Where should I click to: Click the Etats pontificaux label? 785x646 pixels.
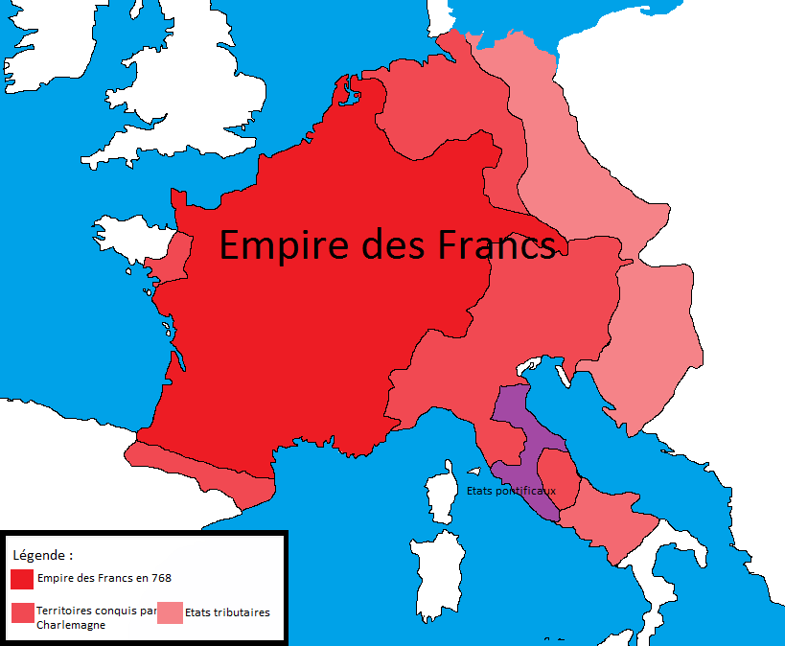pyautogui.click(x=511, y=490)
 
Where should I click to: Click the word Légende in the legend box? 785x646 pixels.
pyautogui.click(x=41, y=555)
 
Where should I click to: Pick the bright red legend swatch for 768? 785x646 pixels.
pyautogui.click(x=22, y=579)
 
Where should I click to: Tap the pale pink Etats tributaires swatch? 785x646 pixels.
pyautogui.click(x=170, y=613)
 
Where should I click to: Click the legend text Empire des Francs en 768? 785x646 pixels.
pyautogui.click(x=104, y=578)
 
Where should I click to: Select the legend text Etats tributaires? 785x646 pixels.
pyautogui.click(x=227, y=612)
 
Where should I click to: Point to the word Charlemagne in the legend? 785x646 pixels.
pyautogui.click(x=71, y=625)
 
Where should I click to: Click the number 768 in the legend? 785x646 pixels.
pyautogui.click(x=161, y=578)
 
